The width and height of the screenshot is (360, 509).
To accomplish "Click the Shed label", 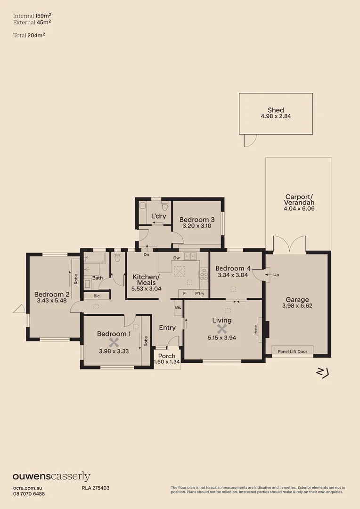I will (276, 110).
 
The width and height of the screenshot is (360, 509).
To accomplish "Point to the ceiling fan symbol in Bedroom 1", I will (113, 342).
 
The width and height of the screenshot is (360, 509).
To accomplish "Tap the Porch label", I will (167, 356).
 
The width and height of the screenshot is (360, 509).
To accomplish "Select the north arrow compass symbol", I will (322, 373).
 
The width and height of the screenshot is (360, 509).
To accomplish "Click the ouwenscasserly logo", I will (51, 476).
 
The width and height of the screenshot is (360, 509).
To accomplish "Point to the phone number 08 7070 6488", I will (29, 493).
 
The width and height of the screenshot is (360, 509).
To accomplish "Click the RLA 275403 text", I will (92, 488).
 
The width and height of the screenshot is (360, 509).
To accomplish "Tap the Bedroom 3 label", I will (197, 220).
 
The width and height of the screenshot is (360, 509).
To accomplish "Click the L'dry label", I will (158, 216).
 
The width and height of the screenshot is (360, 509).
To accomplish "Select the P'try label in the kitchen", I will (199, 293).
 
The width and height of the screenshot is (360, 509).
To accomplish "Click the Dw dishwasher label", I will (176, 258).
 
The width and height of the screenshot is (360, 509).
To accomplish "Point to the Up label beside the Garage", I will (276, 274).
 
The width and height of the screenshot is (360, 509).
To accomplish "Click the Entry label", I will (167, 328).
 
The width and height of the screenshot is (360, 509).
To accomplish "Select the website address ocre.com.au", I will (28, 488).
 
